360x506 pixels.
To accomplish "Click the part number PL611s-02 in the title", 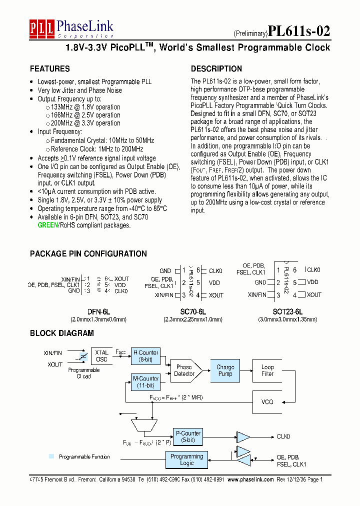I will point(299,31).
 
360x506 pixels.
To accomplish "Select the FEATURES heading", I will point(49,69).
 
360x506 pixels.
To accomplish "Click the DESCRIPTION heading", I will point(216,69).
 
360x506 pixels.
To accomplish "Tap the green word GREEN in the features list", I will point(48,225).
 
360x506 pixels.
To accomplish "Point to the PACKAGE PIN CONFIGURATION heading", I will point(88,254).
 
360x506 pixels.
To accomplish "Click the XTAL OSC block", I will point(101,356).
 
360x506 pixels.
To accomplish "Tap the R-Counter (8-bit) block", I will point(145,356).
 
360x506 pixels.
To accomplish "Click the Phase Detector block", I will point(185,370).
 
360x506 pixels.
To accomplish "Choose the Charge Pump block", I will point(225,370).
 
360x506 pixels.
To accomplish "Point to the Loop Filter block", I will point(267,370).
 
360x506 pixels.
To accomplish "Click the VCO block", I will point(267,402).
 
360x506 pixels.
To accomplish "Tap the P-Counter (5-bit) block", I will point(188,436).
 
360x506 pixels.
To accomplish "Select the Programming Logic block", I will point(186,459).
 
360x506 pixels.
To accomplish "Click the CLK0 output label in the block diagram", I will point(283,436).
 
